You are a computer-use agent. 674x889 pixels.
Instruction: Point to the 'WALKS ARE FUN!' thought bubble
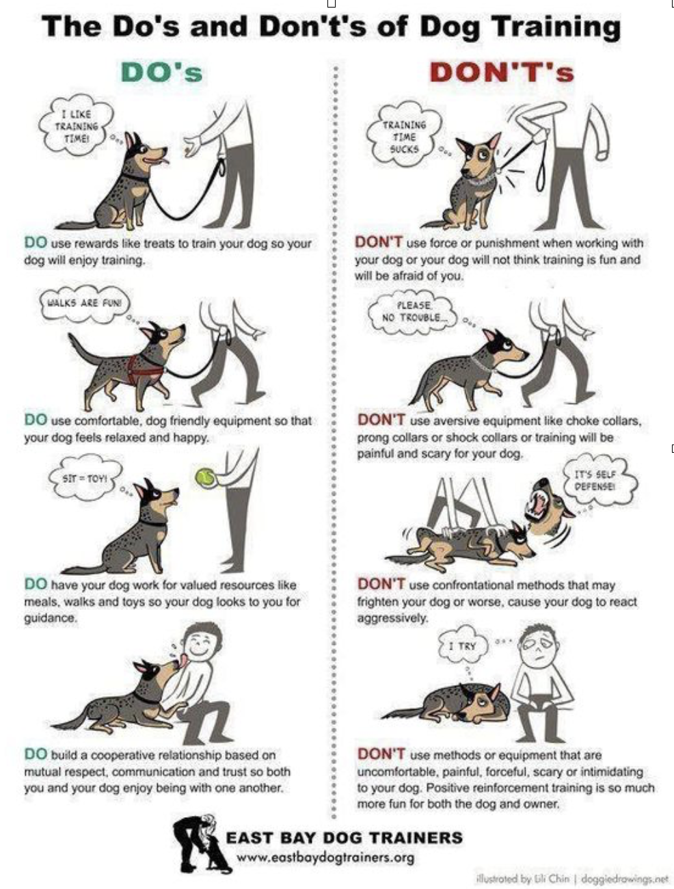coord(84,303)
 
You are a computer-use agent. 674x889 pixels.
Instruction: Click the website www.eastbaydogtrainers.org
coord(325,858)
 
